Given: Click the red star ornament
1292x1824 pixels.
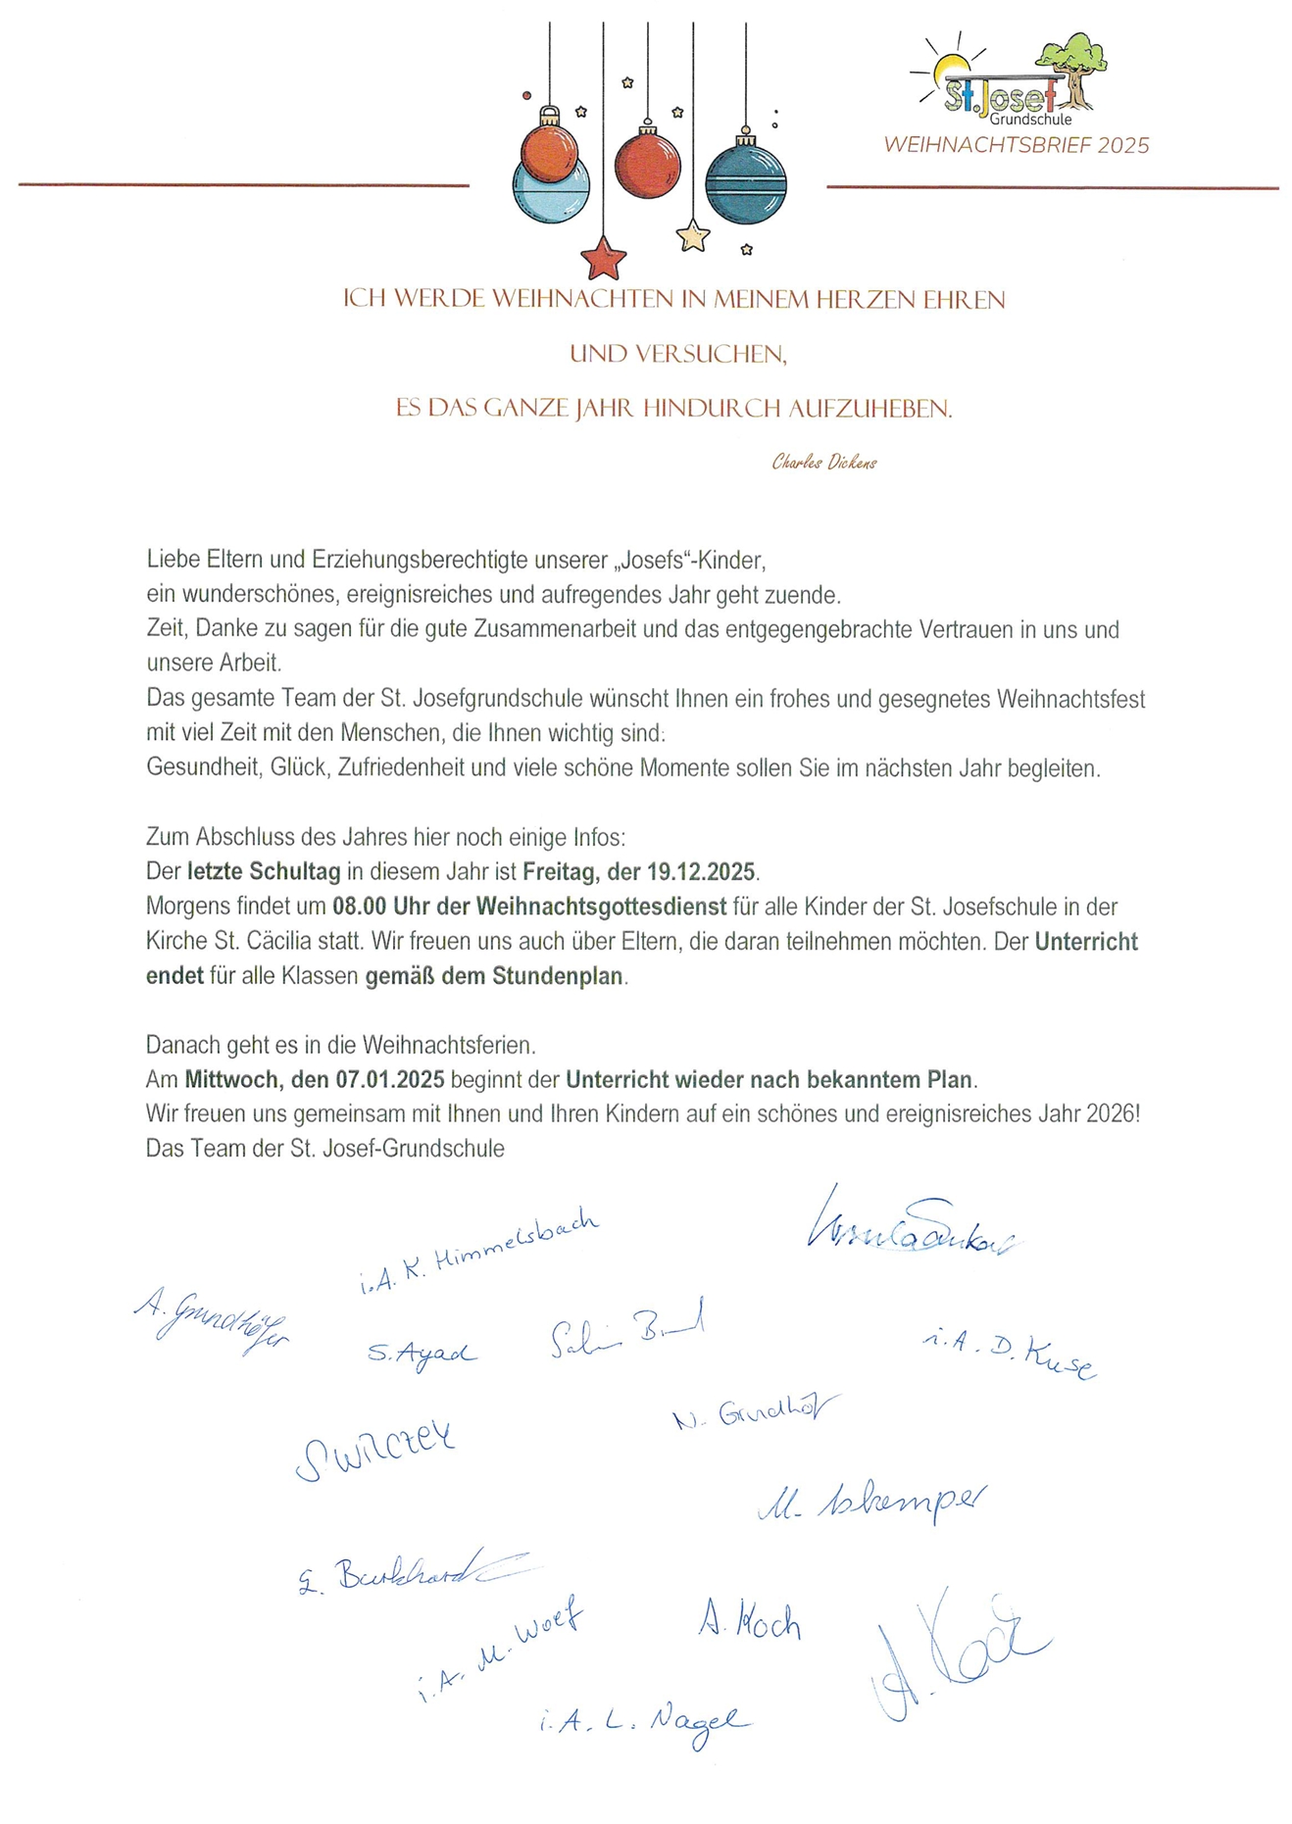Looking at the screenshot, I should coord(602,260).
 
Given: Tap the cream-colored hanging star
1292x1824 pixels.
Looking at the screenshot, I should coord(693,236).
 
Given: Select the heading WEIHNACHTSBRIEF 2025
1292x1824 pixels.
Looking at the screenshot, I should coord(1016,146).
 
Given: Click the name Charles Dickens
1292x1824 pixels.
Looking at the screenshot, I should coord(823,463).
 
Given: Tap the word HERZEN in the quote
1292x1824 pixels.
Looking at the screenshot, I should coord(866,300).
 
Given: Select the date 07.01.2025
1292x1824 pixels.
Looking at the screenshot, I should coord(389,1080).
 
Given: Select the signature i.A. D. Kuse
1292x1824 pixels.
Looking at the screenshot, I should coord(1010,1353).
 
